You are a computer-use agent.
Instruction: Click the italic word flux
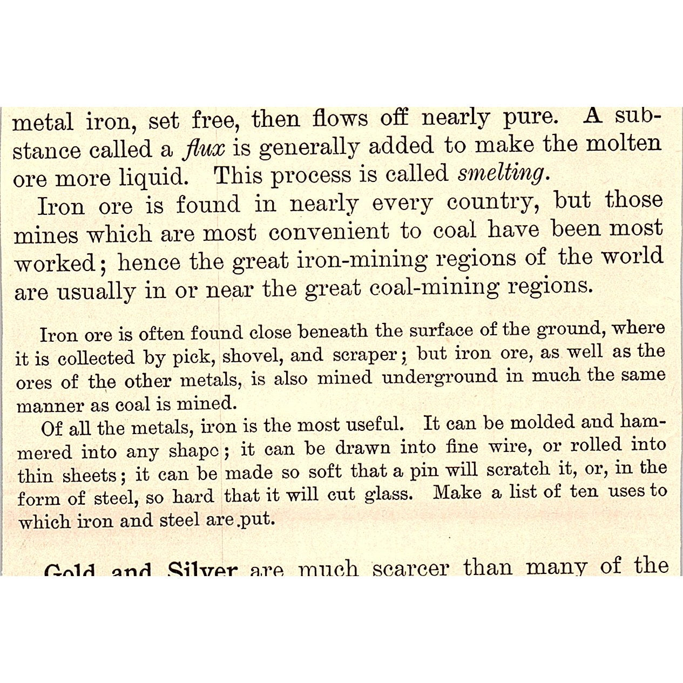pyautogui.click(x=204, y=148)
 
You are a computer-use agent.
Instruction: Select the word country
pyautogui.click(x=489, y=203)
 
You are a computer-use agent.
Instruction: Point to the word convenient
pyautogui.click(x=329, y=232)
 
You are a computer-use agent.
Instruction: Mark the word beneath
pyautogui.click(x=333, y=332)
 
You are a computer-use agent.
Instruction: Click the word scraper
pyautogui.click(x=366, y=355)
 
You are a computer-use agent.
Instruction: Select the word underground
pyautogui.click(x=439, y=377)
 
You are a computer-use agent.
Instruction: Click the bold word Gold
pyautogui.click(x=70, y=570)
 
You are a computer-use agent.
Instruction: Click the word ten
pyautogui.click(x=584, y=491)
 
